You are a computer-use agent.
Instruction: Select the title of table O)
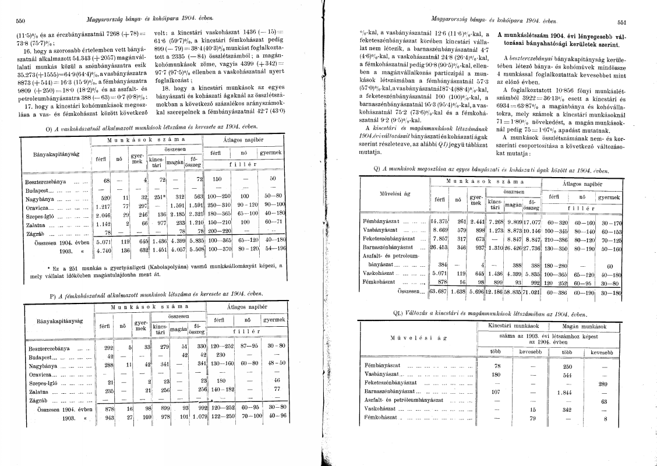[x=160, y=128]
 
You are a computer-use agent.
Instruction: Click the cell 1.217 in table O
[x=103, y=206]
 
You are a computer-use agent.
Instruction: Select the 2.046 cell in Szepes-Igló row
[x=103, y=214]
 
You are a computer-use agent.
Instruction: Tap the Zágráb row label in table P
[x=37, y=401]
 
